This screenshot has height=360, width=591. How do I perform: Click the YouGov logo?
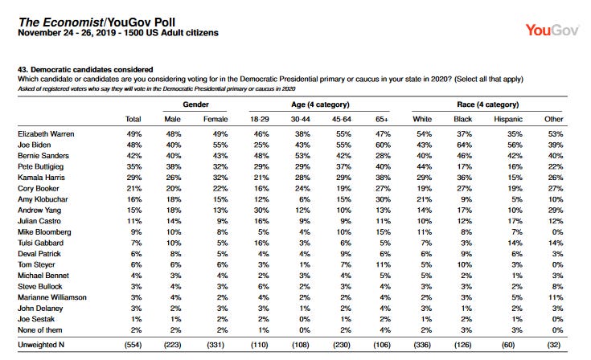click(x=552, y=30)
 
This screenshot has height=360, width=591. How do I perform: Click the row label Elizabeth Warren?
click(x=46, y=134)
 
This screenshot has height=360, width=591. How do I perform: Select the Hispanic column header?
click(x=508, y=120)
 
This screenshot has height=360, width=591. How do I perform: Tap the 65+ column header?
click(x=381, y=120)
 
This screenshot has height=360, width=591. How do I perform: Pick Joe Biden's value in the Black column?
click(x=465, y=145)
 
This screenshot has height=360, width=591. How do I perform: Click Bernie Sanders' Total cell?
click(x=134, y=156)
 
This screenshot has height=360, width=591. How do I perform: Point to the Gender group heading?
click(x=195, y=104)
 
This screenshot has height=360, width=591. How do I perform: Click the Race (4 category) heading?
click(x=488, y=104)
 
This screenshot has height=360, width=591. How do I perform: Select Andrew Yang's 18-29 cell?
click(x=261, y=210)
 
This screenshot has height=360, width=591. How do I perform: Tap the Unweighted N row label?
click(x=41, y=345)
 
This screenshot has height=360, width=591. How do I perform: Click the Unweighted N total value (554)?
click(x=133, y=345)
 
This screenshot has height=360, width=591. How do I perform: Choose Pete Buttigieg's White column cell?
click(x=424, y=167)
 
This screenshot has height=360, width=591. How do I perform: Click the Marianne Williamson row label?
click(x=52, y=297)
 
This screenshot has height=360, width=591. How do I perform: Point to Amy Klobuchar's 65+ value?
click(x=383, y=199)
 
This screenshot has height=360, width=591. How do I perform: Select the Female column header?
click(x=215, y=120)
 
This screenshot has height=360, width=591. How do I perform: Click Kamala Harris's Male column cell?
click(x=174, y=178)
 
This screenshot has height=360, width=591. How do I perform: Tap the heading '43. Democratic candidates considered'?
click(x=85, y=70)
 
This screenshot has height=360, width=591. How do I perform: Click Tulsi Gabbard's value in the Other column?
click(x=556, y=243)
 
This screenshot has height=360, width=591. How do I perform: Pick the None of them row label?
click(x=40, y=330)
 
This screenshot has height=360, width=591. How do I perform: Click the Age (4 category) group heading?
click(x=320, y=104)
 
